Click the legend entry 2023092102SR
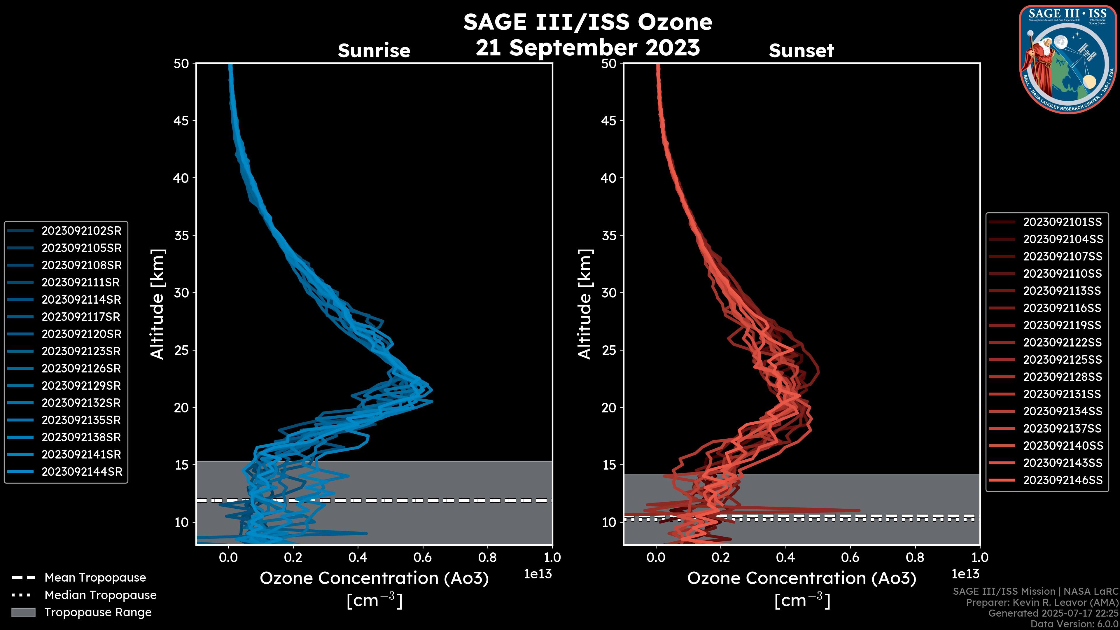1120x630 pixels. point(81,231)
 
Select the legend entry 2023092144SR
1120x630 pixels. point(82,472)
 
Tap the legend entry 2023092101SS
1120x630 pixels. point(1062,222)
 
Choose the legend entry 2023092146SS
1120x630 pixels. point(1063,480)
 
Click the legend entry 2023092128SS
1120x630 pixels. point(1062,377)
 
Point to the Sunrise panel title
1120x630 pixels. point(374,51)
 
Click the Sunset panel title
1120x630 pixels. point(801,51)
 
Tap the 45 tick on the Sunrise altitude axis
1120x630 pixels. point(181,120)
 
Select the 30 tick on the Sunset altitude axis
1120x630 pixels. point(609,293)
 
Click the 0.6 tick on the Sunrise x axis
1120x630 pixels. point(423,557)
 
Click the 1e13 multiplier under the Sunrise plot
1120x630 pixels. point(538,574)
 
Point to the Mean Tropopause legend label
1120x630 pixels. point(95,578)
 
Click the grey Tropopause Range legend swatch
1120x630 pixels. point(23,612)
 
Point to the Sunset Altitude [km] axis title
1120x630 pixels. point(585,304)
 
